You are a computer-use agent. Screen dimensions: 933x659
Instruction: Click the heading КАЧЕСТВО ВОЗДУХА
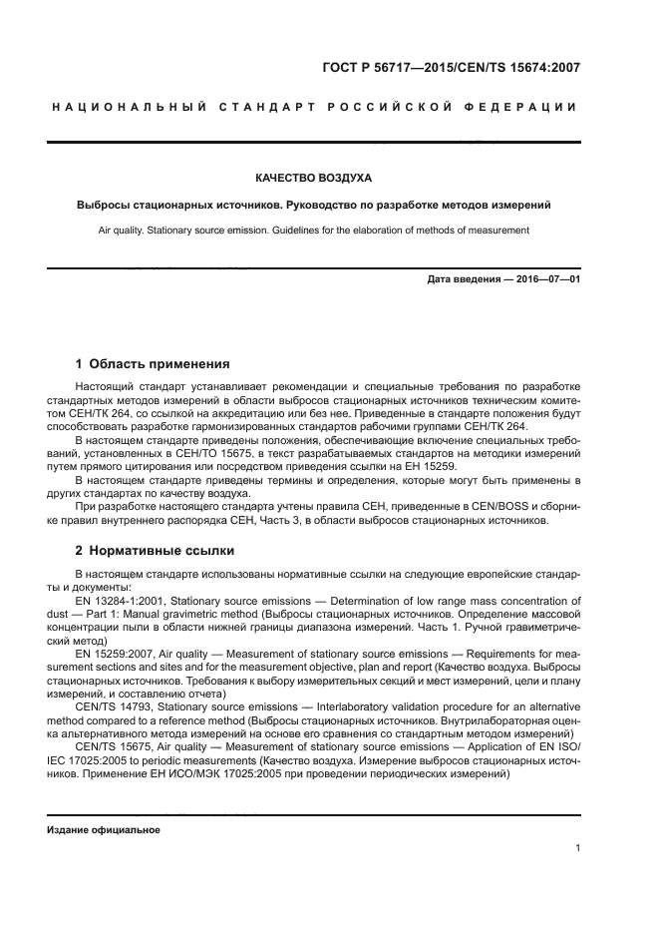[313, 179]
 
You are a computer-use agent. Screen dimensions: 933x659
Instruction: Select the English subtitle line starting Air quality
[313, 231]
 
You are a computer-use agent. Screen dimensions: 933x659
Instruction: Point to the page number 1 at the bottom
[578, 848]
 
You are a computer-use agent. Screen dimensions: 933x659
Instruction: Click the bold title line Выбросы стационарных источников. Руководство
[313, 205]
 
